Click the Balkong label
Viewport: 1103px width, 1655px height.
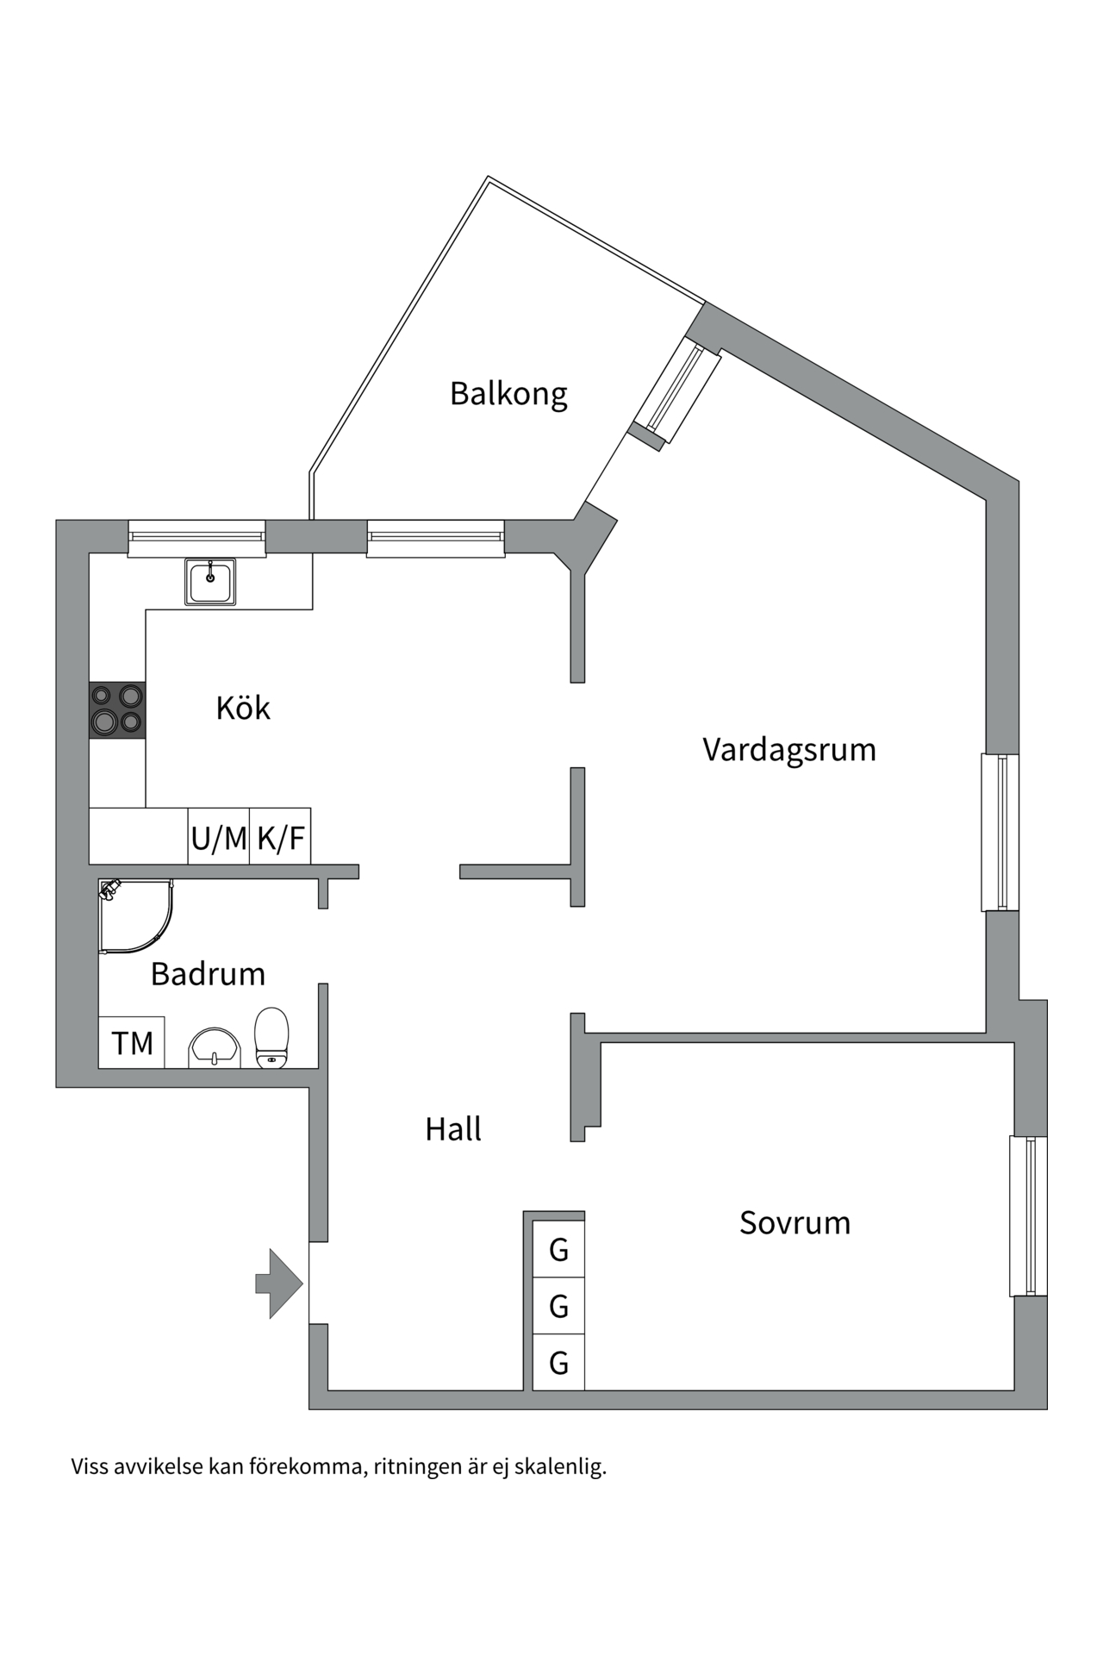point(508,394)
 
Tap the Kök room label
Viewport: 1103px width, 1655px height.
point(243,708)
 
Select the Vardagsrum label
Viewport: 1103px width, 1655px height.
point(789,750)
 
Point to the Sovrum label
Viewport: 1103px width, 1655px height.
point(795,1223)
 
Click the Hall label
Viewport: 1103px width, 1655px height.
point(453,1129)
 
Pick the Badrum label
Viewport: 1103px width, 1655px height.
point(208,974)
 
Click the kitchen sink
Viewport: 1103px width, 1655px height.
point(210,582)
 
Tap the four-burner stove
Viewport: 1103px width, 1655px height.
point(117,710)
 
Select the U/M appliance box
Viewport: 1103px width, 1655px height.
point(219,836)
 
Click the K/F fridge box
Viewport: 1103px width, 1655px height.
point(280,836)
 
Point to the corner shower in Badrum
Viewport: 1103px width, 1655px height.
point(135,916)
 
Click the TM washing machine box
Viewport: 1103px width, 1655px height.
point(132,1043)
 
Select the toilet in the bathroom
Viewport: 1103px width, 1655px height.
point(271,1038)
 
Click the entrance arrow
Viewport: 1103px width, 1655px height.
point(279,1283)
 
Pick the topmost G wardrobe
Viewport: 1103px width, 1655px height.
point(558,1249)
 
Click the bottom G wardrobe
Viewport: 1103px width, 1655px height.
point(558,1363)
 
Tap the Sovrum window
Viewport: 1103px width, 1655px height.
point(1029,1216)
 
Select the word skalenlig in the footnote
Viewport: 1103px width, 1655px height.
point(560,1466)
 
